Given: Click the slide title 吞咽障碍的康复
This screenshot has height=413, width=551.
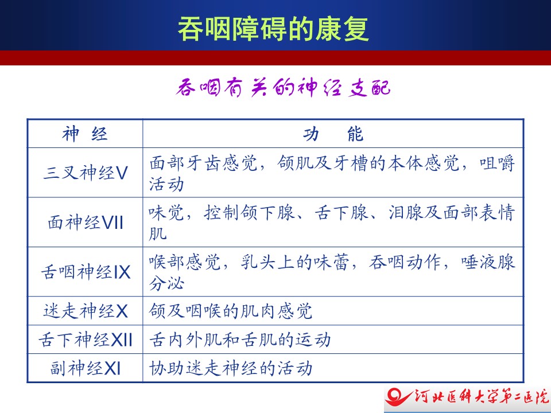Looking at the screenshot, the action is (273, 29).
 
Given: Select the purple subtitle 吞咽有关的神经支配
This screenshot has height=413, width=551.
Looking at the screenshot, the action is (283, 87).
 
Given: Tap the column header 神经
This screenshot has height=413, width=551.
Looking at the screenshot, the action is (85, 134).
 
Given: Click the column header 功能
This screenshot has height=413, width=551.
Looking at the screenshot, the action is (333, 134).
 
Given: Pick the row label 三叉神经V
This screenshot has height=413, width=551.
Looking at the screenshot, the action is (85, 173).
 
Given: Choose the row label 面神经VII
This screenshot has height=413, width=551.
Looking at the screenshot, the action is (86, 223).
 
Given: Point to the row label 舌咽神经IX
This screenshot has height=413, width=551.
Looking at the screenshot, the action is (86, 272).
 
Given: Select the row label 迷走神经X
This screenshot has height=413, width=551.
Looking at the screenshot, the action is (86, 311).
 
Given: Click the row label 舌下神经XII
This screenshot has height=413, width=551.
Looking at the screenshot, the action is (86, 340).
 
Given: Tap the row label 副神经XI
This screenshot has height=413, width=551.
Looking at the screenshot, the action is (86, 368).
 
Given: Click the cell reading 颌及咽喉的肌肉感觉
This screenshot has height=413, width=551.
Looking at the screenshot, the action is (231, 311).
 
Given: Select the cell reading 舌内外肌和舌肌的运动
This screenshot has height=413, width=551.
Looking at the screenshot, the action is (240, 340).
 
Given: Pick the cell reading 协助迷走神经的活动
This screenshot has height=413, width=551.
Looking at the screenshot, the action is (231, 368).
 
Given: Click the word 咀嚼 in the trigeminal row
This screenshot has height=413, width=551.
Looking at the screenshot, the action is (498, 163).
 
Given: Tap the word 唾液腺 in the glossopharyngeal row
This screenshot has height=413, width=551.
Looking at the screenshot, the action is (488, 262).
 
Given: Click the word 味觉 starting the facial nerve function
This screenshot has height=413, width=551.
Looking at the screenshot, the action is (166, 212).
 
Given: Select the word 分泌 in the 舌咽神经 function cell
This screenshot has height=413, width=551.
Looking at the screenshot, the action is (166, 283).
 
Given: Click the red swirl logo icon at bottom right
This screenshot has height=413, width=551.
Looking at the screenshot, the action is (398, 397).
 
